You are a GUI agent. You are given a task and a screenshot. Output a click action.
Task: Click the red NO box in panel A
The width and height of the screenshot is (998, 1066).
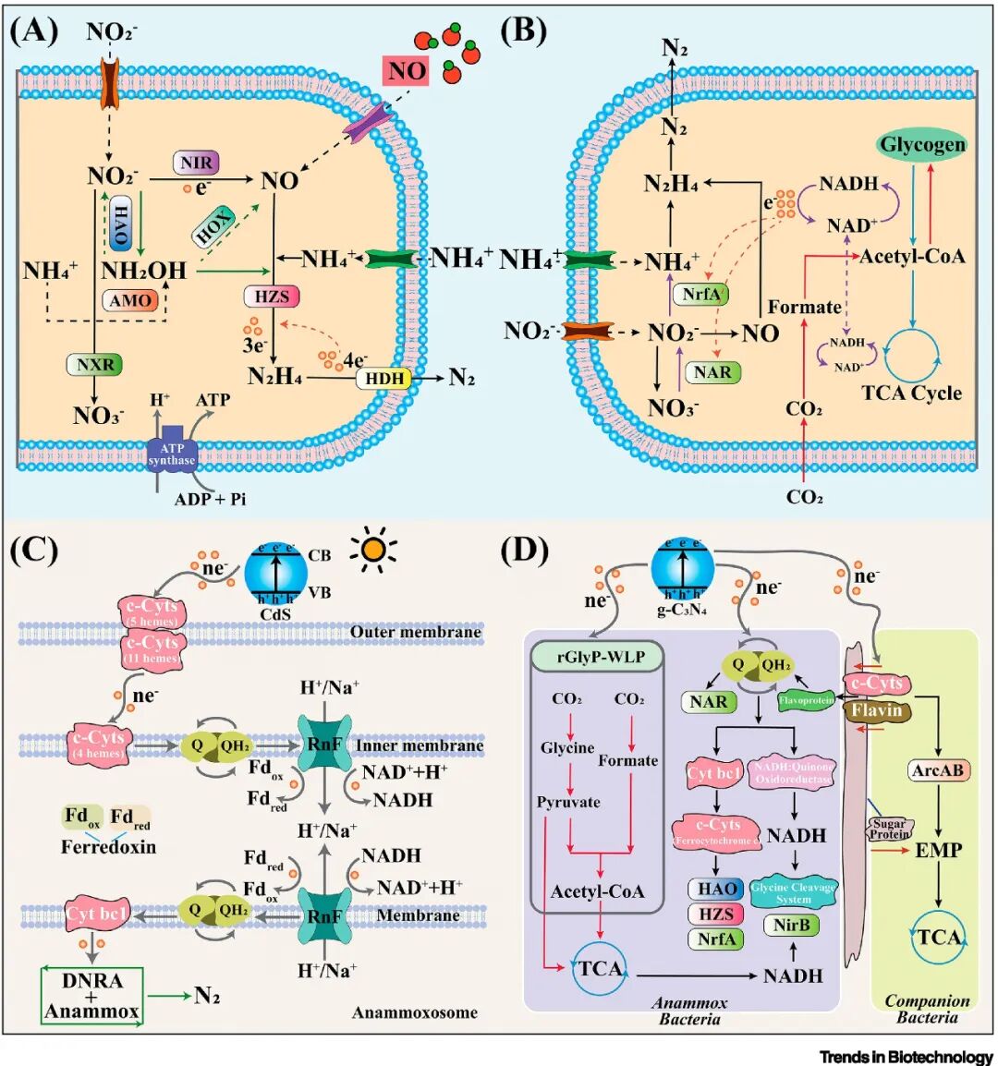406,71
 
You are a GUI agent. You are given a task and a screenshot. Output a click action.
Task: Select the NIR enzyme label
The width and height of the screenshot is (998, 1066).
196,164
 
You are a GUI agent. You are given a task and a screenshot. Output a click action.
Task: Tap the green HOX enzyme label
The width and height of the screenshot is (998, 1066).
213,225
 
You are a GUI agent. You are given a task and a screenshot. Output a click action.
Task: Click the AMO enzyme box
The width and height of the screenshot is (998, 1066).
130,300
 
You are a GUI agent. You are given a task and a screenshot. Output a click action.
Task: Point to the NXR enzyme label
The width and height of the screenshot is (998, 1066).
95,364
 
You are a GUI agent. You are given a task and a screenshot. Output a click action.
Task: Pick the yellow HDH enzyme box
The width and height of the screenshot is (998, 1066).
384,378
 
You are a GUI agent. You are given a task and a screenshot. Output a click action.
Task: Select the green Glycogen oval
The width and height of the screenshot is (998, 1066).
921,145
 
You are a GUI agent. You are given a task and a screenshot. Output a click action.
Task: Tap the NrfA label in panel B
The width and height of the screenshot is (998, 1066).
701,295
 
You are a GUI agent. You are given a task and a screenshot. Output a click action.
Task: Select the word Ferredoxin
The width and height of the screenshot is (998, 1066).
108,846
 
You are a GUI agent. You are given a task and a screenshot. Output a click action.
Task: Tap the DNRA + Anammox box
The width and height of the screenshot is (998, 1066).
91,995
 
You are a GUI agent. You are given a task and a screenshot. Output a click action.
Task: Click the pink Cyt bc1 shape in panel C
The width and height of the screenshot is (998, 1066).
95,914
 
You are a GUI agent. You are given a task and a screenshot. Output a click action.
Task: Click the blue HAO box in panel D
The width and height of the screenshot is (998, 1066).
716,889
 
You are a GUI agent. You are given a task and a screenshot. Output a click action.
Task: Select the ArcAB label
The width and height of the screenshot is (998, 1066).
939,769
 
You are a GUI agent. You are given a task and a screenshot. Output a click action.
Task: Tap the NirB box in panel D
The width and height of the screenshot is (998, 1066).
791,925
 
